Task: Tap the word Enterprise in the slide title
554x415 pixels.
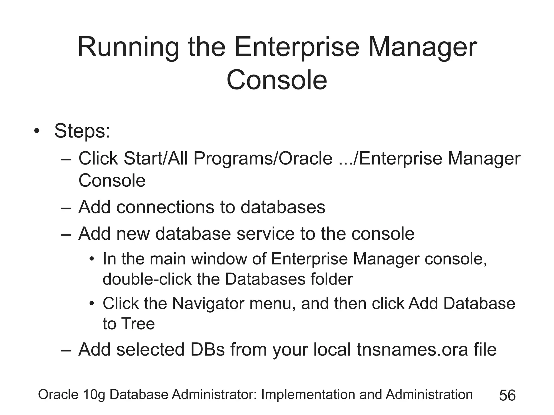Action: (297, 48)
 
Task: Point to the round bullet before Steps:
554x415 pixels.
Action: (37, 132)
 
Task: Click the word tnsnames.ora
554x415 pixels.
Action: (412, 350)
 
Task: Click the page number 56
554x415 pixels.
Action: (507, 396)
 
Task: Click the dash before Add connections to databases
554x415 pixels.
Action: (66, 208)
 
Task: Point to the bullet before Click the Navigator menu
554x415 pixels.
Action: (92, 304)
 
